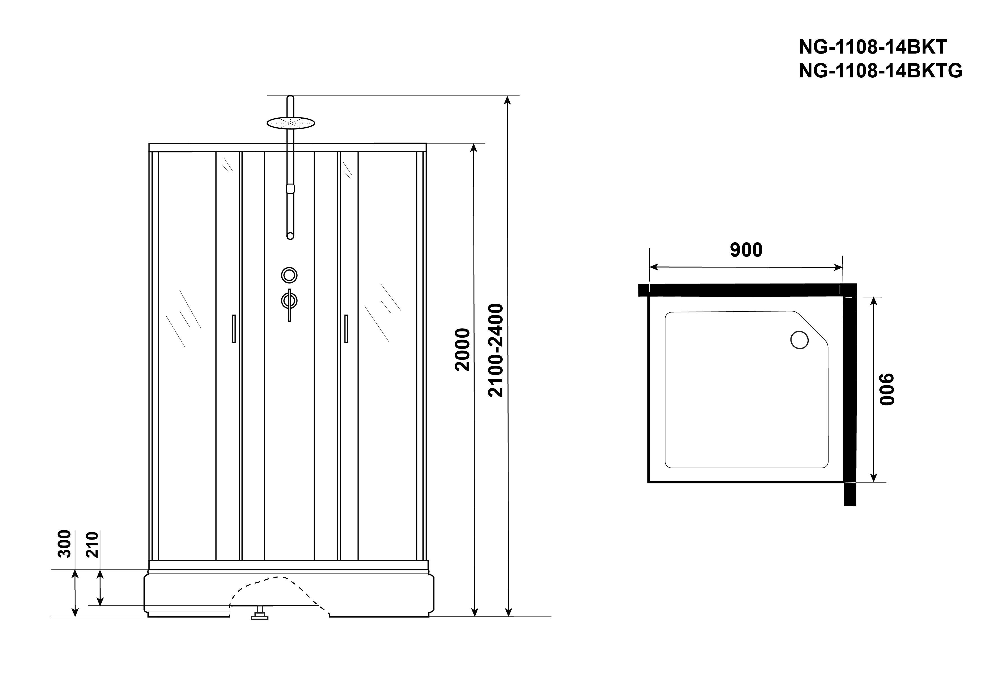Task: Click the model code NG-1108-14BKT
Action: [873, 47]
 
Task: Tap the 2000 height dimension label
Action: [463, 350]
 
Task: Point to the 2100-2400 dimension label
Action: [496, 350]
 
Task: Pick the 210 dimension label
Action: [93, 544]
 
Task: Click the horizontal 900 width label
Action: [746, 250]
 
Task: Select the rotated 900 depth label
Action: [887, 389]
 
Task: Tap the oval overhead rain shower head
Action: [291, 123]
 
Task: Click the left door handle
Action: [234, 329]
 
